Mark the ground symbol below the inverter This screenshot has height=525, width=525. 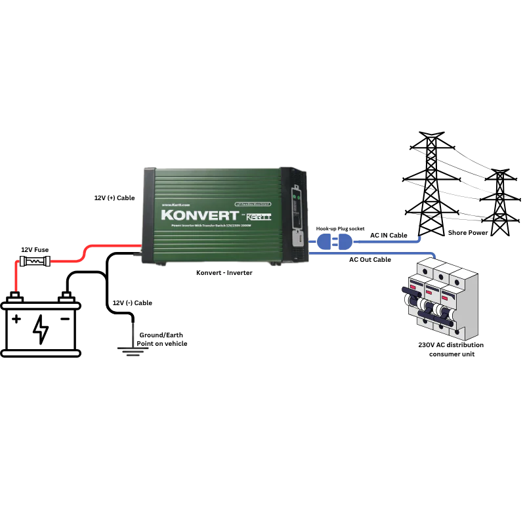(x=133, y=348)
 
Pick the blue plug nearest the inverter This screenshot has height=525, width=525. (x=322, y=243)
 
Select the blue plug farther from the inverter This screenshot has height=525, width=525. (x=341, y=243)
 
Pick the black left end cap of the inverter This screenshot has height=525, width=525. (x=148, y=217)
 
